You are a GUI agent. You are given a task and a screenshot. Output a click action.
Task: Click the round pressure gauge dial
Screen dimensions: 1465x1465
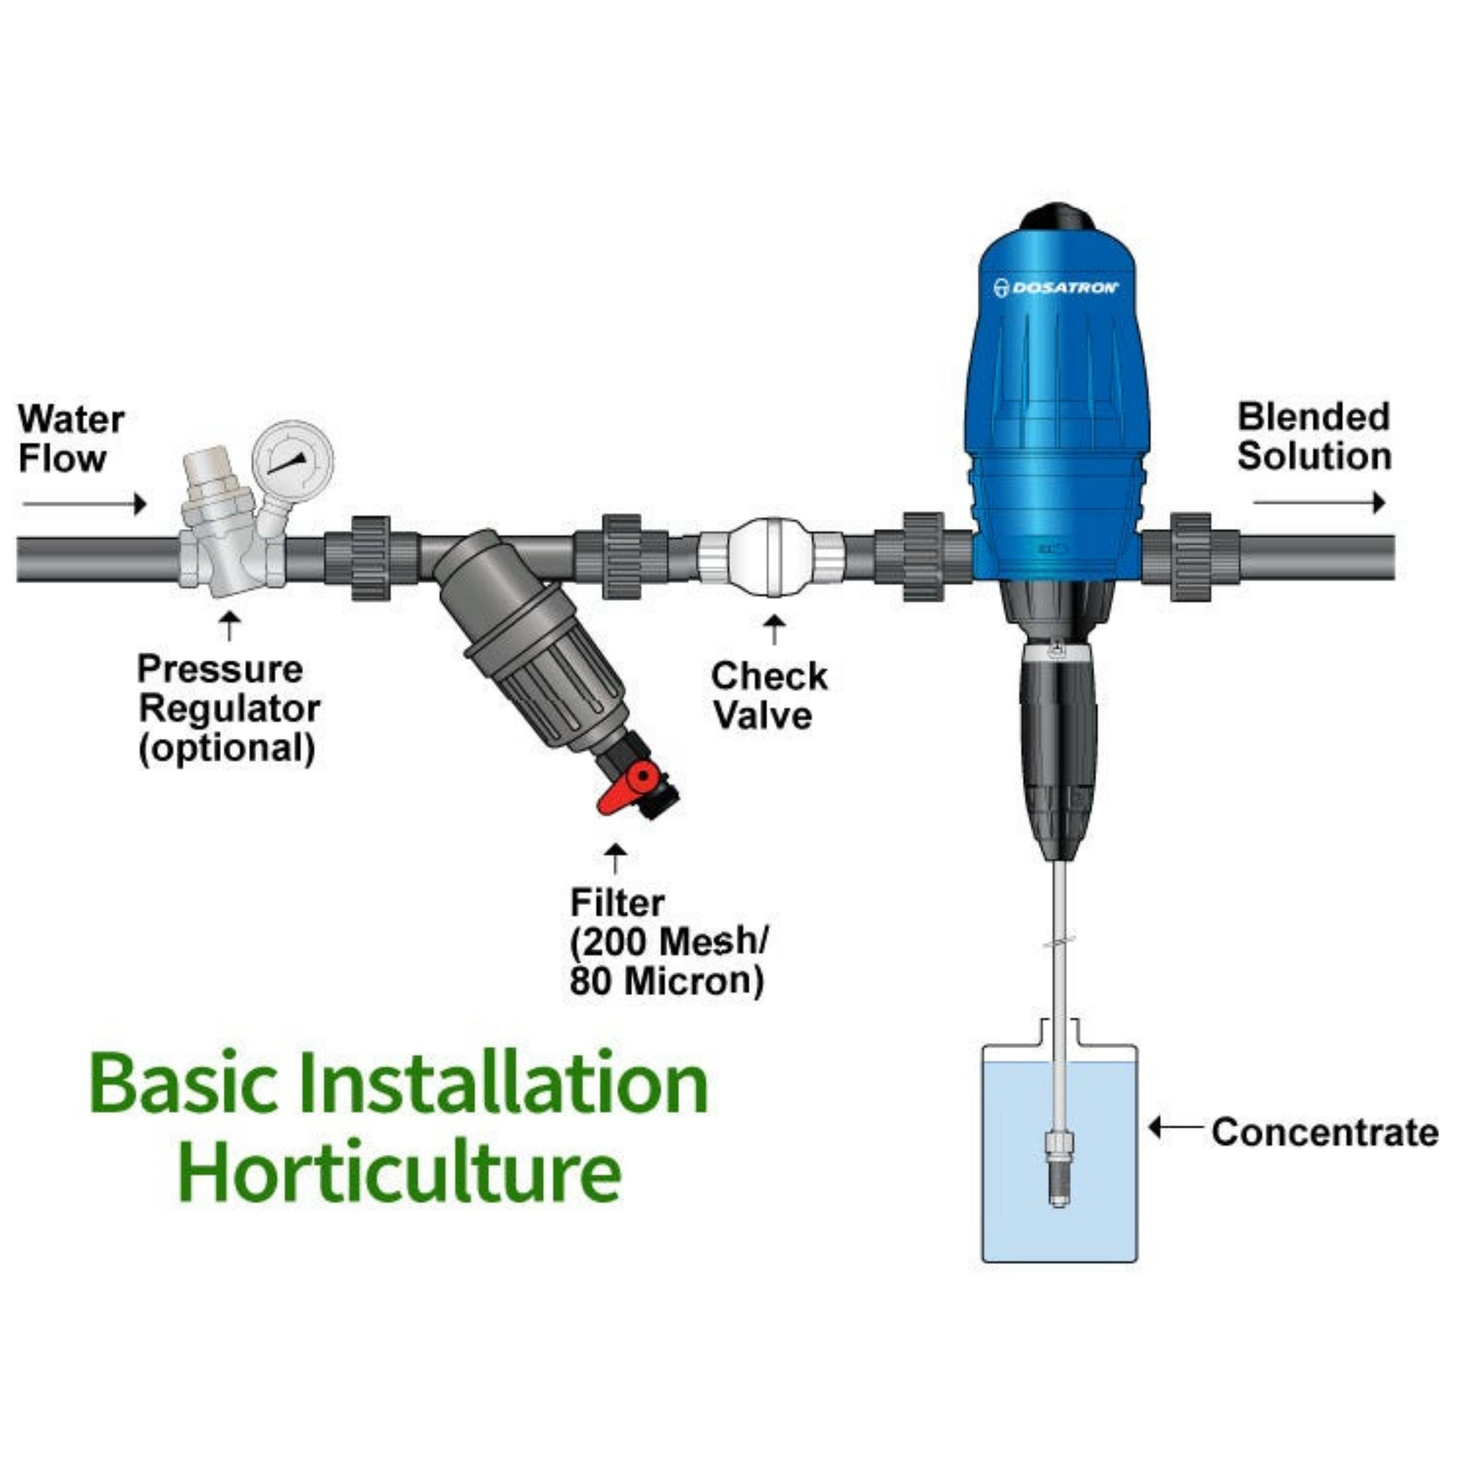tap(293, 459)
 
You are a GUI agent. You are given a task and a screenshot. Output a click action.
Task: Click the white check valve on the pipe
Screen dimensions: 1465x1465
tap(770, 556)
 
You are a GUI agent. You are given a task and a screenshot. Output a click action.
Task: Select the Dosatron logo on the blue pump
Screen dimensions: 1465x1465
tap(1056, 288)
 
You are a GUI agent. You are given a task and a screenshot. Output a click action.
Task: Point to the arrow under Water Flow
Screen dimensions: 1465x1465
tap(84, 504)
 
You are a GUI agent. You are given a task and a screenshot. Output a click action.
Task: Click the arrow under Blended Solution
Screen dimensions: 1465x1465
tap(1319, 502)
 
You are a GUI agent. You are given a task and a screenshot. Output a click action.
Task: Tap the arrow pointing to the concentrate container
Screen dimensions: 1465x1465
tap(1175, 1128)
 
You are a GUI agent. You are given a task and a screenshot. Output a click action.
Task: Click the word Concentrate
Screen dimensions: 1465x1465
tap(1325, 1133)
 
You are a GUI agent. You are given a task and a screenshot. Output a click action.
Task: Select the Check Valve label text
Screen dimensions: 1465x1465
tap(769, 696)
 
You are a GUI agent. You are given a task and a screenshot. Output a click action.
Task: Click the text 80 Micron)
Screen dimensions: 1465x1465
tap(666, 981)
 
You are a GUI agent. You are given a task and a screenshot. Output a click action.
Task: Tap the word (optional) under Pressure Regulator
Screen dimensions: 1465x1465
tap(227, 748)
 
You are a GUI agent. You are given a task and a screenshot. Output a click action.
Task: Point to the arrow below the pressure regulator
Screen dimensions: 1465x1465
tap(229, 626)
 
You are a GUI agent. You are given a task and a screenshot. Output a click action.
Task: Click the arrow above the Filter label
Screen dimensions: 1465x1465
tap(616, 857)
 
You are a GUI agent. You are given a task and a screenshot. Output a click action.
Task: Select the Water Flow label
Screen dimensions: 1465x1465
tap(72, 439)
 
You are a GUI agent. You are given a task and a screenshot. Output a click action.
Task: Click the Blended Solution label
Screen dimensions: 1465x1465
tap(1314, 437)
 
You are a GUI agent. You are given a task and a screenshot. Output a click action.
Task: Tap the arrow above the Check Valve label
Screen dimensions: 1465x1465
tap(773, 629)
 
